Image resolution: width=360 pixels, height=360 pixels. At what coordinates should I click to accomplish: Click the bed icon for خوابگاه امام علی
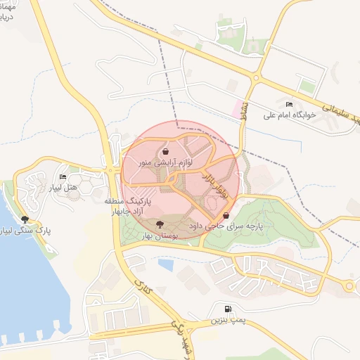[289, 104]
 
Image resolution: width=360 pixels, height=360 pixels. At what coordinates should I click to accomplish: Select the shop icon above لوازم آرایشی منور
[165, 150]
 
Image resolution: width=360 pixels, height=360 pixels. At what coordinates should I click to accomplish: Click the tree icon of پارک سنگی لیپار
[25, 219]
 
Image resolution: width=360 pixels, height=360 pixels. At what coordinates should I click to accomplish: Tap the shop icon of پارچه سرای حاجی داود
[226, 215]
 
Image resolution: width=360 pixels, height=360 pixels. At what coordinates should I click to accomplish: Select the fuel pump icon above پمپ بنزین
[226, 309]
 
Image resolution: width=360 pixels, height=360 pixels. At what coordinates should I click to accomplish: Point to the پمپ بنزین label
[226, 320]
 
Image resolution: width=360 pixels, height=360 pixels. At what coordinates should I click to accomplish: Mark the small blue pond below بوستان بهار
[166, 265]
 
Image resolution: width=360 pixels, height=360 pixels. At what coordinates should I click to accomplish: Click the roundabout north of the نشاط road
[257, 78]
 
